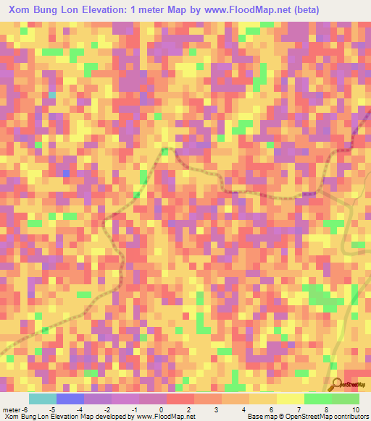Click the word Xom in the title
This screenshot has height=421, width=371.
coord(22,9)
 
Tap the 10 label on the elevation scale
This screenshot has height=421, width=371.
coord(355,410)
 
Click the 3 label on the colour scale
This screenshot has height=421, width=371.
coord(217,410)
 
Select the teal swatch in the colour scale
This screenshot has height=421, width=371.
coord(43,399)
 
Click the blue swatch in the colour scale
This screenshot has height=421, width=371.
coord(70,399)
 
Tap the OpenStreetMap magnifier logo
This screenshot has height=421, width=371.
coord(338,384)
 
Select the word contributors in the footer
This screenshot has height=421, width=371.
coord(347,417)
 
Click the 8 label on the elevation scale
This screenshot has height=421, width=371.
coord(328,410)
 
